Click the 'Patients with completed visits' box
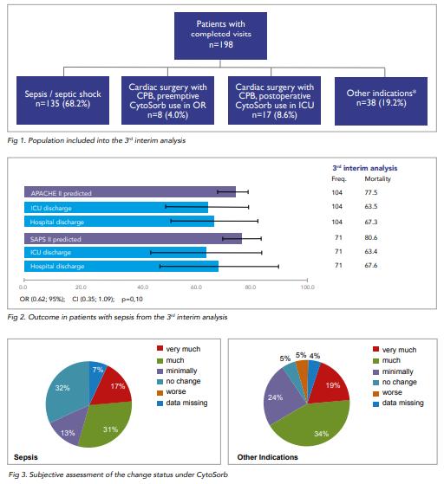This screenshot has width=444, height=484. click(x=220, y=35)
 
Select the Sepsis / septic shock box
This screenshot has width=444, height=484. click(x=62, y=100)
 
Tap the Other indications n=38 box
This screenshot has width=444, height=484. click(x=381, y=101)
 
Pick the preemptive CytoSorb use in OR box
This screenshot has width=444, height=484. click(x=167, y=100)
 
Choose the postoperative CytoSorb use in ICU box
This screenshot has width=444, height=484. click(x=274, y=100)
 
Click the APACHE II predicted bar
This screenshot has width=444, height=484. click(x=130, y=192)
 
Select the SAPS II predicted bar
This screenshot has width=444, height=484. click(x=133, y=238)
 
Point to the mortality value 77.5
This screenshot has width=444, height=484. click(x=371, y=192)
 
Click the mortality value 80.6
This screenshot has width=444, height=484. click(x=371, y=238)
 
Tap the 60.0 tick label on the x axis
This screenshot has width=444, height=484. click(x=196, y=287)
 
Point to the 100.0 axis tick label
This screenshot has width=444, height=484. click(x=308, y=287)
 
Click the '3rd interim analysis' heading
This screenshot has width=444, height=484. click(x=365, y=168)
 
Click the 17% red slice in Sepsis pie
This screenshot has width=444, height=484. click(x=114, y=387)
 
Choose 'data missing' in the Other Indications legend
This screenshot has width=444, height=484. click(x=398, y=403)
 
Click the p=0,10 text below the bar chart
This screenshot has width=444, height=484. click(x=133, y=299)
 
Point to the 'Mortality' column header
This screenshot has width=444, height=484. click(x=377, y=178)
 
